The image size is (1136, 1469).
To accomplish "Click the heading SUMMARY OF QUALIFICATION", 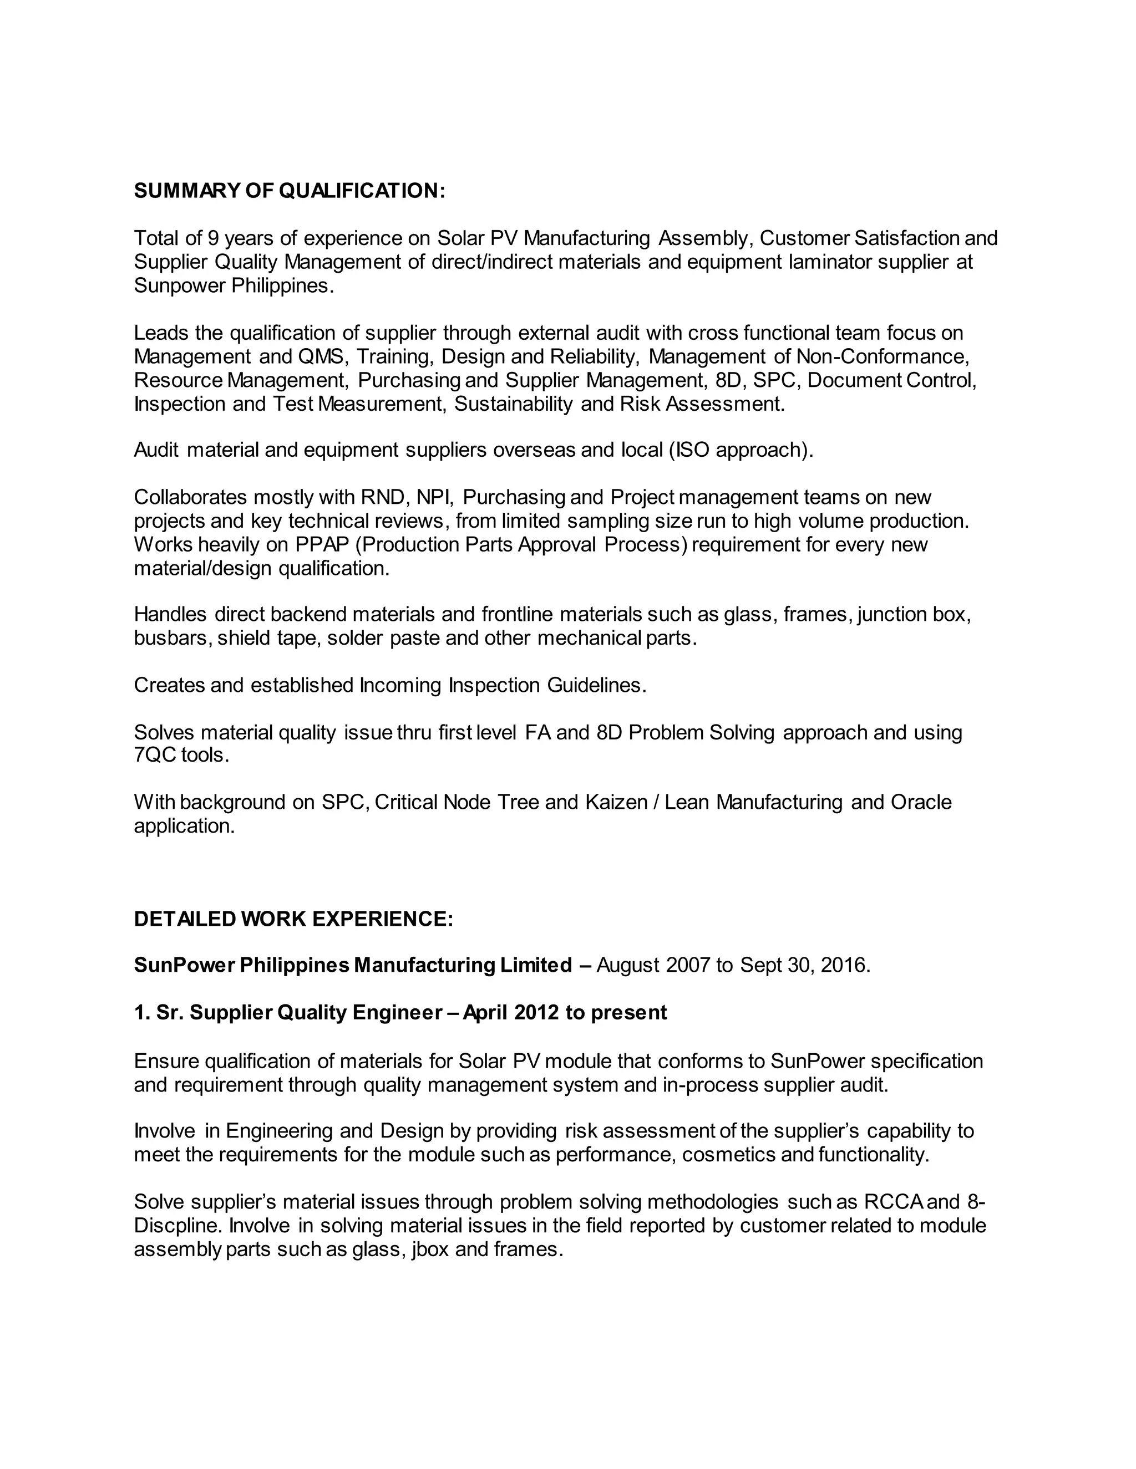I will [290, 191].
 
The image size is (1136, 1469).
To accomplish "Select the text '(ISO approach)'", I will [741, 450].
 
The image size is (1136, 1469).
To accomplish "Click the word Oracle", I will [921, 803].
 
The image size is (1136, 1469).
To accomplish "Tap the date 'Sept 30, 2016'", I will [804, 965].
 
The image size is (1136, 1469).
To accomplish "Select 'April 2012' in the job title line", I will [511, 1012].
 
